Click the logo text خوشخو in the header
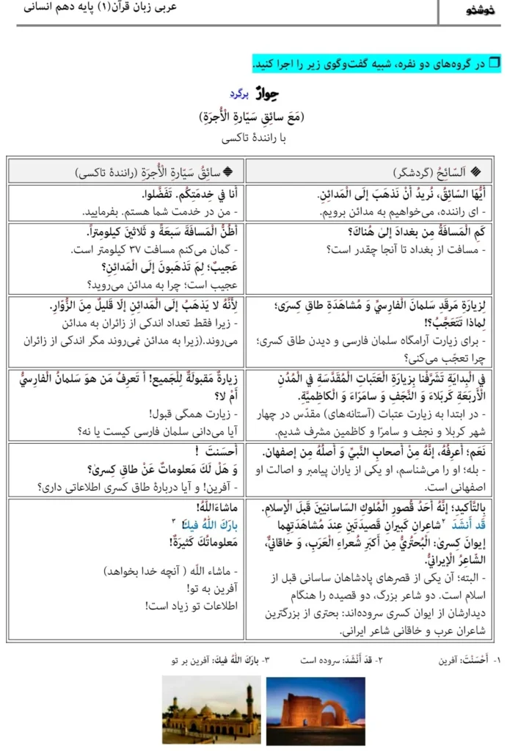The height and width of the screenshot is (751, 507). click(x=480, y=11)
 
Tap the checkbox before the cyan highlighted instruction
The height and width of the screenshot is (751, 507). click(x=494, y=64)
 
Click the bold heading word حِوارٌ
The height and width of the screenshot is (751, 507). click(x=268, y=95)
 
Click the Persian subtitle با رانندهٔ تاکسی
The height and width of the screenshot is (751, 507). click(x=253, y=136)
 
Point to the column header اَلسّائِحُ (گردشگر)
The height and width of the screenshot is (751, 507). click(x=433, y=172)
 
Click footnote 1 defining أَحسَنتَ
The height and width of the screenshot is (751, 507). click(x=470, y=659)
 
